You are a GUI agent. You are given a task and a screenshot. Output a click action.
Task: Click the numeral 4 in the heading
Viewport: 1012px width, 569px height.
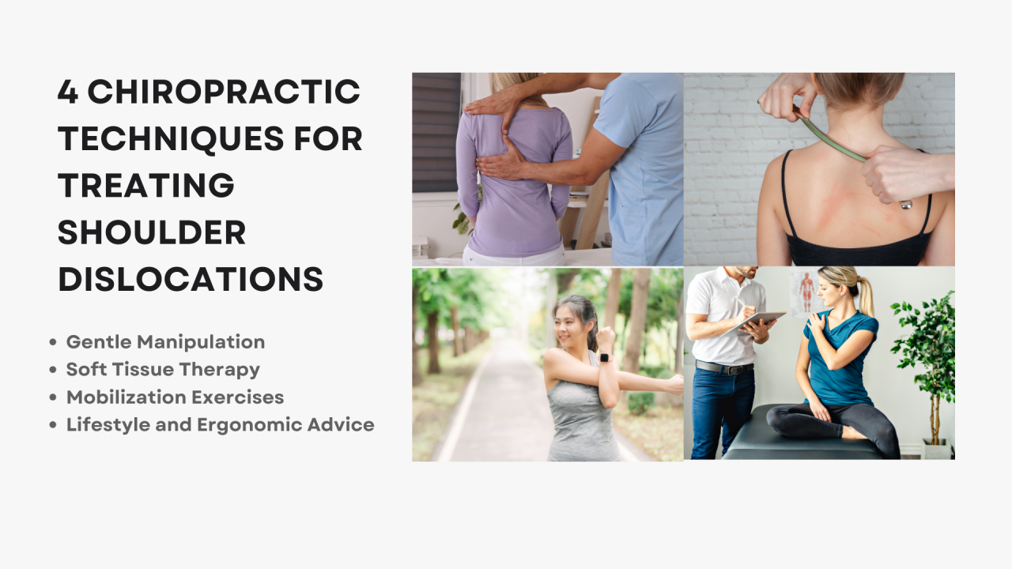pyautogui.click(x=68, y=92)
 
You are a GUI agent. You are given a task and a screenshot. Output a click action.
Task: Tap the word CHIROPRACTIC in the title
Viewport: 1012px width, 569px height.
pyautogui.click(x=224, y=92)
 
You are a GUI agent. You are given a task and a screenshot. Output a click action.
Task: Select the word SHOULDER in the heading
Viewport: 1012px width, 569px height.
pyautogui.click(x=152, y=232)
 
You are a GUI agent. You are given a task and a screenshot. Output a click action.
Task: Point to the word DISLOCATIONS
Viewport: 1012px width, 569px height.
pyautogui.click(x=191, y=279)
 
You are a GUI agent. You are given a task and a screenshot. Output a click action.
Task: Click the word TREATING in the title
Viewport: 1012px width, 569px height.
pyautogui.click(x=146, y=186)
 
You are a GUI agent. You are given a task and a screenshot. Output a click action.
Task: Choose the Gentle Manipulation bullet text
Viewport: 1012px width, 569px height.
pyautogui.click(x=165, y=342)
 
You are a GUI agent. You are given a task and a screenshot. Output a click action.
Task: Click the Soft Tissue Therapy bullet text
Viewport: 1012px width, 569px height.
pyautogui.click(x=163, y=369)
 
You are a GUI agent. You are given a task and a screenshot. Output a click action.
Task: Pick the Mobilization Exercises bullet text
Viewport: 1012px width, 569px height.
pyautogui.click(x=175, y=397)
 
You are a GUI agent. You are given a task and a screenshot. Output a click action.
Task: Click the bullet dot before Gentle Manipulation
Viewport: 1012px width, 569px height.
pyautogui.click(x=53, y=343)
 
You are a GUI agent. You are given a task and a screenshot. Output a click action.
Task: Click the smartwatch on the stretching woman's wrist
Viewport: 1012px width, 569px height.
pyautogui.click(x=605, y=357)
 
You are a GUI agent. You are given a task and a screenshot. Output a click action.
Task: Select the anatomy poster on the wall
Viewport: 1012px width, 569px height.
pyautogui.click(x=806, y=292)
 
